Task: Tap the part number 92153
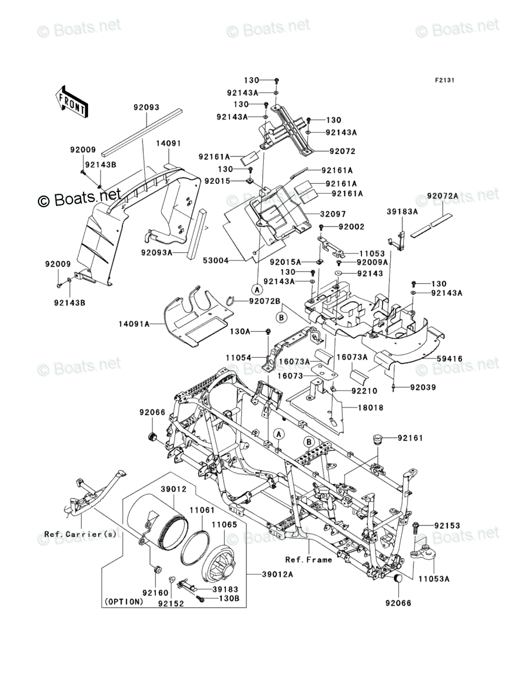click(447, 526)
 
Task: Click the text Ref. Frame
click(309, 560)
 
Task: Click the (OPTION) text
click(123, 601)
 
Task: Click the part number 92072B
click(265, 301)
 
